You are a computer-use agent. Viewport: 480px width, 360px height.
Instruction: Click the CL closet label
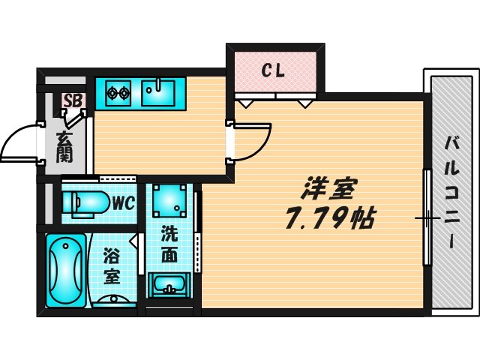(272, 71)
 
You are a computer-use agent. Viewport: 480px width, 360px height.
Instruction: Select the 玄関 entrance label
(64, 148)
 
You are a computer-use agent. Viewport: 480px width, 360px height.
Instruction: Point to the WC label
(122, 202)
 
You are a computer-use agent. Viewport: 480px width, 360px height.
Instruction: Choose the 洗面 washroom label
(170, 244)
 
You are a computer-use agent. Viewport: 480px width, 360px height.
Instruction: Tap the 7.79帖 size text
(329, 219)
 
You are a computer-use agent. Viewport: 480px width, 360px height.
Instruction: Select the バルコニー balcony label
(451, 192)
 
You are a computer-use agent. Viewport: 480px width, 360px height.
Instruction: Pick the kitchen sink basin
(158, 94)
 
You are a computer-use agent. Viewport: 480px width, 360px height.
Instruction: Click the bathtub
(66, 270)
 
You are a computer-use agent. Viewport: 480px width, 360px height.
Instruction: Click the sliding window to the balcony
(427, 218)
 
